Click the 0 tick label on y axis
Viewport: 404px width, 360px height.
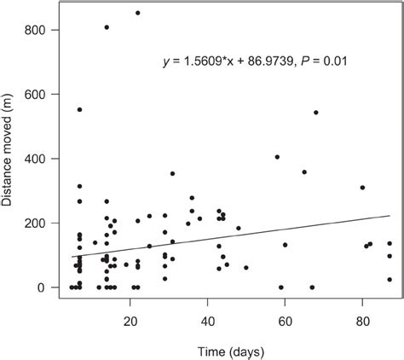pyautogui.click(x=52, y=288)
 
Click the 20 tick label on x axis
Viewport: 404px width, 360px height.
pyautogui.click(x=130, y=322)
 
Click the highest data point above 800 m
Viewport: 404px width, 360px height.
pyautogui.click(x=138, y=13)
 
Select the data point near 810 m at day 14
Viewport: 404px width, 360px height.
pyautogui.click(x=107, y=27)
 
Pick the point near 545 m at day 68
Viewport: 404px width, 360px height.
pyautogui.click(x=316, y=113)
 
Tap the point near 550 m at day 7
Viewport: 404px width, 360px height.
pyautogui.click(x=79, y=110)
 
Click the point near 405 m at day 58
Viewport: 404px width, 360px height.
pyautogui.click(x=277, y=157)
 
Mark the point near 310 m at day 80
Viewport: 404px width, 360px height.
pyautogui.click(x=362, y=188)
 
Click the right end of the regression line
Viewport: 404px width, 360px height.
pyautogui.click(x=390, y=216)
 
